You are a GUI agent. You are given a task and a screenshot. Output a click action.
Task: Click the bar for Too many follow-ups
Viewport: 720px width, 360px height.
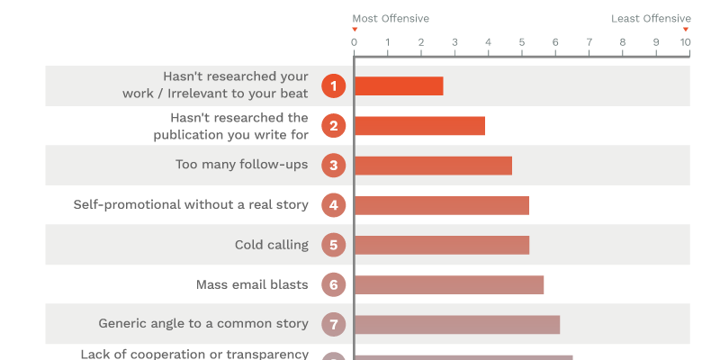[x=433, y=166]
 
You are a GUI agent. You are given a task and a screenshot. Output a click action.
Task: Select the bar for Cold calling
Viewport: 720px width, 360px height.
[x=441, y=245]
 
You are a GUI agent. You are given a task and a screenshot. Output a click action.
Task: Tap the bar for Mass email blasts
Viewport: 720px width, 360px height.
[x=448, y=284]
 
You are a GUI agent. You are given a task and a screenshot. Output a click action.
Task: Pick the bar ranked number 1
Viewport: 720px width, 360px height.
[x=399, y=86]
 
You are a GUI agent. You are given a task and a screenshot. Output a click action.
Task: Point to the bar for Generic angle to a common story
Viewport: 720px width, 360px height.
[x=456, y=324]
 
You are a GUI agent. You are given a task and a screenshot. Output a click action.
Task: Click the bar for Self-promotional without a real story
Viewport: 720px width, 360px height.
[x=441, y=205]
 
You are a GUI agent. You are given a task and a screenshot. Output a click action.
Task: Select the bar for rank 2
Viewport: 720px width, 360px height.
[x=419, y=126]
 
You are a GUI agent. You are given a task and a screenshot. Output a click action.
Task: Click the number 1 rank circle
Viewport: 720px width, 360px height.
[x=334, y=86]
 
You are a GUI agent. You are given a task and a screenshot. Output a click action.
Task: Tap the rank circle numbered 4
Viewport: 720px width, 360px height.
[x=334, y=205]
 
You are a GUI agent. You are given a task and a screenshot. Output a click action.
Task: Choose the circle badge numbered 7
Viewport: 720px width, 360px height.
[x=334, y=324]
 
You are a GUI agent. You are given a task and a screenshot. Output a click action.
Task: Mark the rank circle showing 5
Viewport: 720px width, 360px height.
[x=334, y=245]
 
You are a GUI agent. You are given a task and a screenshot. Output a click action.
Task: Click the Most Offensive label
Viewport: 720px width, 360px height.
[x=391, y=18]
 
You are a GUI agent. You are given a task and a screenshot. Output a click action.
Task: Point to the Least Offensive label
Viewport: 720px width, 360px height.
[x=651, y=18]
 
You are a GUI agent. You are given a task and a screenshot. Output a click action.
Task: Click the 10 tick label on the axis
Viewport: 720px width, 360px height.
[x=686, y=42]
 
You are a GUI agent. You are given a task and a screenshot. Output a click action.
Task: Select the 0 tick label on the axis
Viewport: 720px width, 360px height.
[x=355, y=42]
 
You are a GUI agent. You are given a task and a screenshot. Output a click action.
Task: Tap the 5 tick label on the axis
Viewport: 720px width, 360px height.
[x=522, y=42]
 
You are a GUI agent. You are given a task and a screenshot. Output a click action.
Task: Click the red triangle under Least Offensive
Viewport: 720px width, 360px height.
[x=686, y=30]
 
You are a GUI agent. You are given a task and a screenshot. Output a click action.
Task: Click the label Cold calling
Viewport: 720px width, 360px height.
[x=272, y=245]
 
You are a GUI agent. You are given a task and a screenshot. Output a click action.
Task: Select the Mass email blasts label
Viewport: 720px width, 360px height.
[x=252, y=284]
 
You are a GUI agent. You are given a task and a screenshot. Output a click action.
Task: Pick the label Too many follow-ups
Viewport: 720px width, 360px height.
[x=242, y=166]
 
